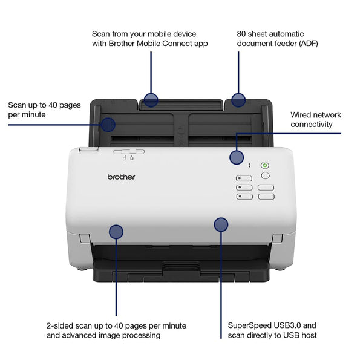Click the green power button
pyautogui.click(x=264, y=165)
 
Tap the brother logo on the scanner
pyautogui.click(x=122, y=177)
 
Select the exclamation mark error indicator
pyautogui.click(x=249, y=165)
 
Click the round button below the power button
pyautogui.click(x=265, y=175)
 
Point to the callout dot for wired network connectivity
pyautogui.click(x=237, y=158)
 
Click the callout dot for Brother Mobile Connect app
pyautogui.click(x=151, y=100)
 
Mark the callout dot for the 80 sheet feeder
pyautogui.click(x=238, y=100)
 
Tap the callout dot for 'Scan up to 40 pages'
pyautogui.click(x=108, y=125)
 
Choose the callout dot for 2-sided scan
pyautogui.click(x=116, y=231)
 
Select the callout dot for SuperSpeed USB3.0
pyautogui.click(x=221, y=224)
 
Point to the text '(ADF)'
pyautogui.click(x=306, y=44)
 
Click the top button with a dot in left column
pyautogui.click(x=244, y=178)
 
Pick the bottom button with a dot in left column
pyautogui.click(x=244, y=197)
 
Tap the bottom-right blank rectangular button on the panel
pyautogui.click(x=266, y=197)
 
